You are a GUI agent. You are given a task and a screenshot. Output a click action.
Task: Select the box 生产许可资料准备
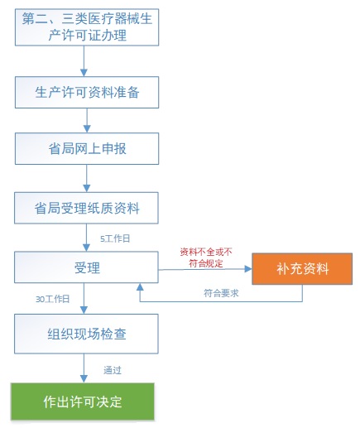click(x=86, y=93)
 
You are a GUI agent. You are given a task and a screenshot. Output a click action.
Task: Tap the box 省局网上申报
click(x=86, y=150)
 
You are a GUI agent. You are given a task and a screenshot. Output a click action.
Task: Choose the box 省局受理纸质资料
click(x=86, y=208)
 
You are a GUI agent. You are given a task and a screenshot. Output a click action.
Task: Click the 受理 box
click(x=86, y=268)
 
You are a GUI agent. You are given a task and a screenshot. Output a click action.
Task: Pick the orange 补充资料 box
click(x=302, y=269)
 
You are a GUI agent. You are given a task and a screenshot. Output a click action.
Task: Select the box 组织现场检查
click(x=86, y=334)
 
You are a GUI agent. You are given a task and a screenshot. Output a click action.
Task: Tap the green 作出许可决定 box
click(x=82, y=402)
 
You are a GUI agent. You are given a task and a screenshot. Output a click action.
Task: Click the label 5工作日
click(x=114, y=238)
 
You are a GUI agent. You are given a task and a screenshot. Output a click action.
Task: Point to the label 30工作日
click(x=52, y=298)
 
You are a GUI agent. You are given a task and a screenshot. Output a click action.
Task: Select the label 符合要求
click(x=221, y=293)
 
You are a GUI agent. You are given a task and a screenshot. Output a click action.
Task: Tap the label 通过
click(x=114, y=369)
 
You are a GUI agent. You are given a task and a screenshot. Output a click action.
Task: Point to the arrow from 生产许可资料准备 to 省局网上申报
click(x=86, y=121)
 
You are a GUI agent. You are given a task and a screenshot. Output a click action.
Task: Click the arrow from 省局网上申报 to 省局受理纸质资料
click(x=86, y=179)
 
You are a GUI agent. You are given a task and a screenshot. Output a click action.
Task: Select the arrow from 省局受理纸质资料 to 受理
click(x=86, y=238)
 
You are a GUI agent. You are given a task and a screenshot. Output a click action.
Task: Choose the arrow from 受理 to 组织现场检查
click(x=86, y=301)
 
